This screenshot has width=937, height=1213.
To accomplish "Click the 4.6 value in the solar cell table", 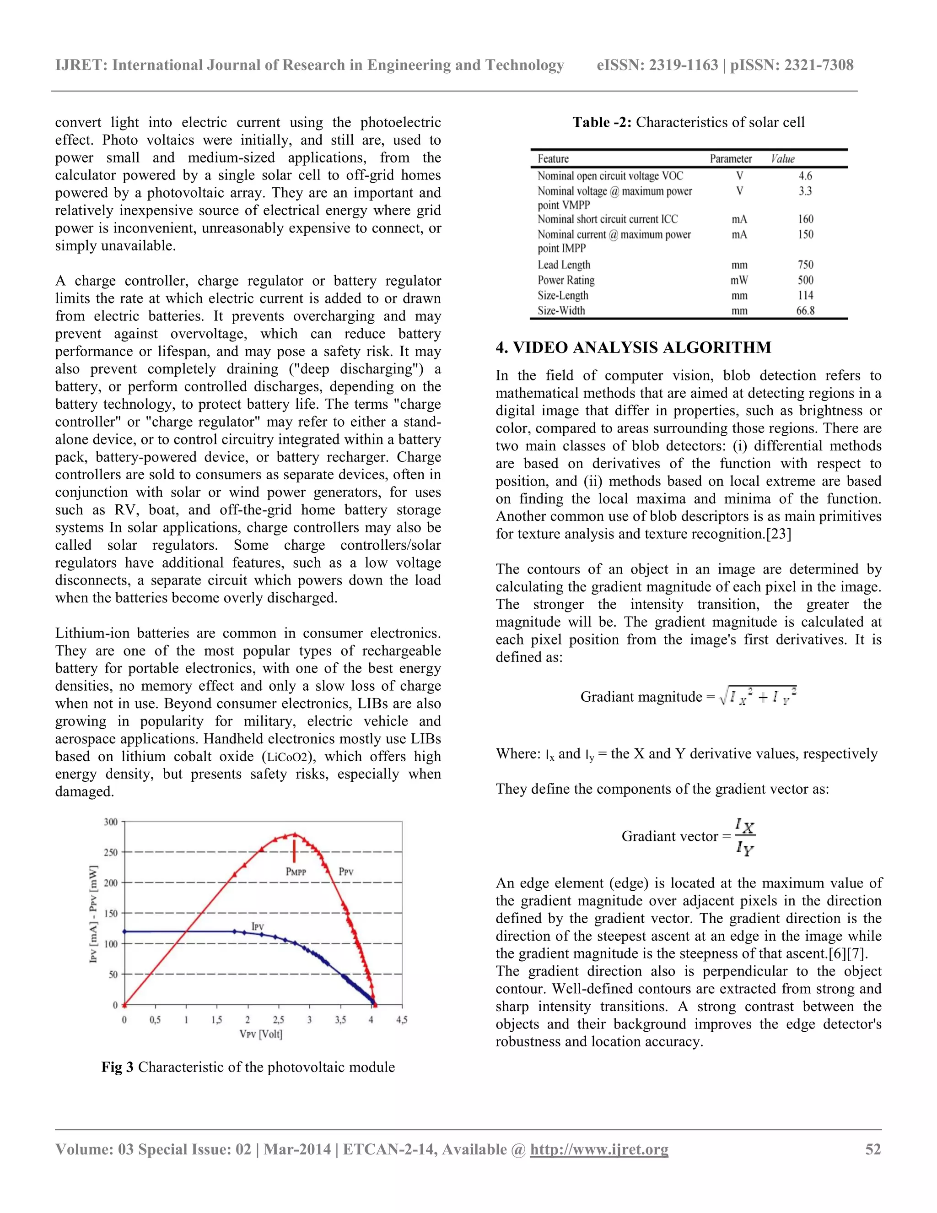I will (x=805, y=176).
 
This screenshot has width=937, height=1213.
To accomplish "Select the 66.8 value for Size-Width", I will (x=805, y=310).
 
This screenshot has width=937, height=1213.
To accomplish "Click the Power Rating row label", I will (x=565, y=281).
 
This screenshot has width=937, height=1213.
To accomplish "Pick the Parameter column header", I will (x=731, y=159).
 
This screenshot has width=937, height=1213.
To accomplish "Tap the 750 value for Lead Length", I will (x=805, y=265).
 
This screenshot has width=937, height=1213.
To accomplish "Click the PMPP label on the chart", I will (x=296, y=872).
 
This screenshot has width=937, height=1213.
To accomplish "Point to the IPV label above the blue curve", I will (x=257, y=926).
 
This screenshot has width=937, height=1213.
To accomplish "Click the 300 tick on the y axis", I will (x=111, y=822).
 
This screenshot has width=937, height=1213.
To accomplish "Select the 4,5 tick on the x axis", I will (x=401, y=1020).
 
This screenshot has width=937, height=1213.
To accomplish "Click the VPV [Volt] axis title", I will (x=261, y=1034).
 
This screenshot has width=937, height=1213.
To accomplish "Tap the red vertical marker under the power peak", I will (x=295, y=851).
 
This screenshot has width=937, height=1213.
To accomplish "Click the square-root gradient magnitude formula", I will (x=758, y=696).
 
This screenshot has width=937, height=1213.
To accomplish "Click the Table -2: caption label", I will (x=602, y=122).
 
